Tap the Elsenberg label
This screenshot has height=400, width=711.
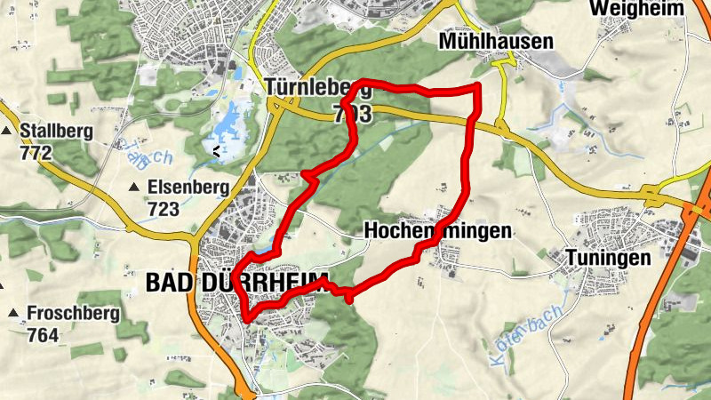click(188, 188)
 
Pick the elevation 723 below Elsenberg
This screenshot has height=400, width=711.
click(164, 209)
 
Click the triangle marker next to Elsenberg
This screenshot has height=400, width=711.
click(135, 188)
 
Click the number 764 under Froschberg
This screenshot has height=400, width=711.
click(42, 335)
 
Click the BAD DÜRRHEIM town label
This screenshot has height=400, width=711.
click(235, 283)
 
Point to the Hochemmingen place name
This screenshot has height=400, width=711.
click(438, 231)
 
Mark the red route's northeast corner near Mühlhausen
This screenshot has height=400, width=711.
click(479, 87)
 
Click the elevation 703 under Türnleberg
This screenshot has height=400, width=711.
click(353, 113)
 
